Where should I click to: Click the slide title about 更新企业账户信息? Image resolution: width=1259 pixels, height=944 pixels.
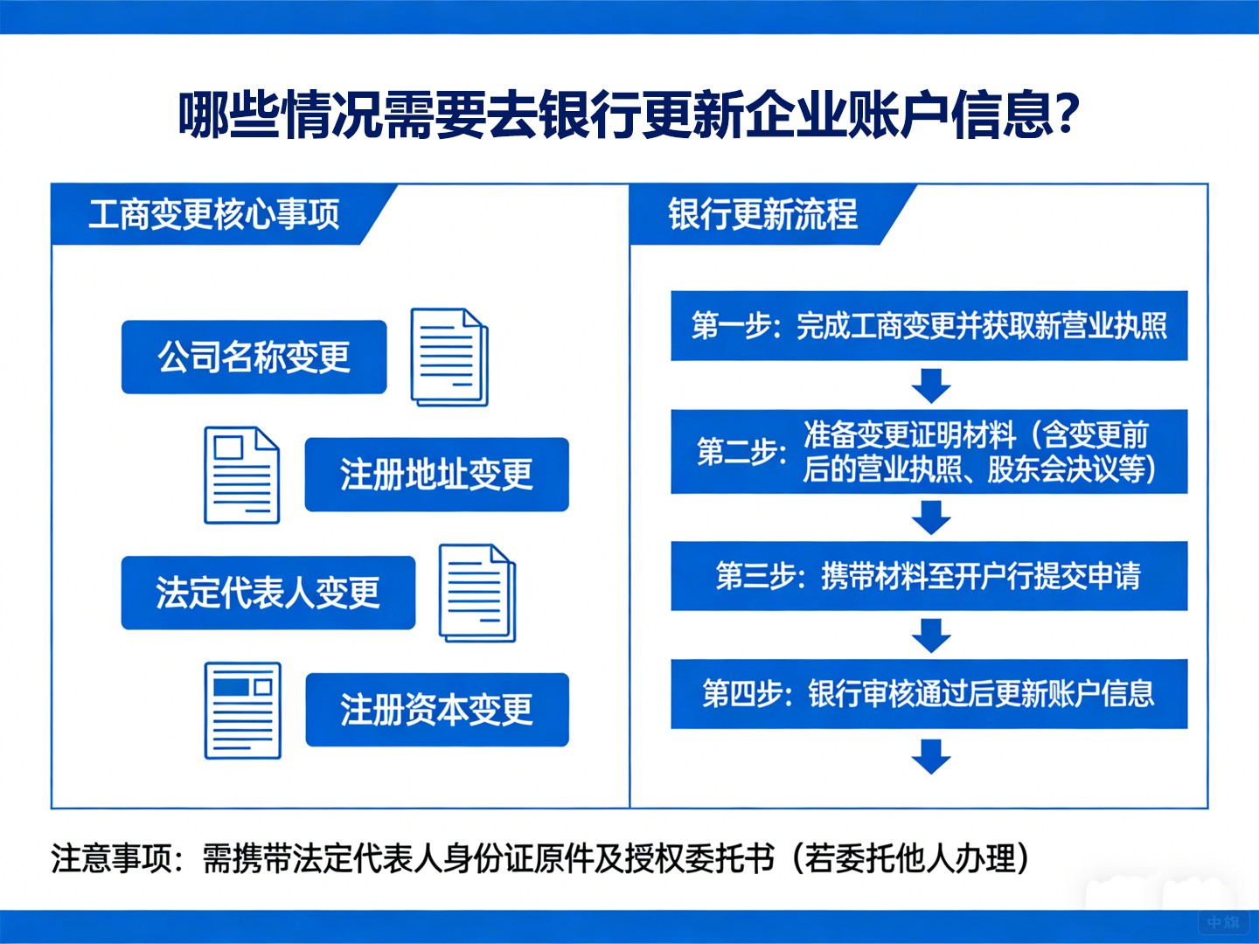click(629, 115)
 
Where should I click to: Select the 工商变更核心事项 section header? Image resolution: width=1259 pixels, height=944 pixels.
click(214, 214)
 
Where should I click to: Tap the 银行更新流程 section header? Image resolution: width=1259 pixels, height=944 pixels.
click(762, 214)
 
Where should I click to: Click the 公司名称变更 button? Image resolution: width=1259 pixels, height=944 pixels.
click(254, 357)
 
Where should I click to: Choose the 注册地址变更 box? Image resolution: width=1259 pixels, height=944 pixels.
click(436, 475)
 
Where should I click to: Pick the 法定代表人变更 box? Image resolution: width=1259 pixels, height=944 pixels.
click(268, 593)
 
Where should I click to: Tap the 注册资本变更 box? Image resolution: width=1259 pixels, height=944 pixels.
click(436, 710)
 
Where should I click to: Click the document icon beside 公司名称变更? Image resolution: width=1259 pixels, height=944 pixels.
click(449, 357)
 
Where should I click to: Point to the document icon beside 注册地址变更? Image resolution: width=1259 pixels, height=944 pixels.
click(242, 475)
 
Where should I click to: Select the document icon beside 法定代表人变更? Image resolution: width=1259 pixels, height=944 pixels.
click(477, 593)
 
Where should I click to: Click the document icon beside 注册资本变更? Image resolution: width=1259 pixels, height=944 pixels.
click(243, 711)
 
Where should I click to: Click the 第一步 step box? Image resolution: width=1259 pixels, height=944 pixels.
click(929, 326)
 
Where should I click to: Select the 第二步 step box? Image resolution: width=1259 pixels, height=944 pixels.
click(929, 452)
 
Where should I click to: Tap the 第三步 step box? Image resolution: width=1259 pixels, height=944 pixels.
click(929, 576)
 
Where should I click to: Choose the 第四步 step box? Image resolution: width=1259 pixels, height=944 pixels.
click(929, 694)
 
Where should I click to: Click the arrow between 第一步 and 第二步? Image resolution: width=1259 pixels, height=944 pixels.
click(931, 385)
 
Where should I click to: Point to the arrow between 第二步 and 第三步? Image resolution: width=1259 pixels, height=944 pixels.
click(931, 517)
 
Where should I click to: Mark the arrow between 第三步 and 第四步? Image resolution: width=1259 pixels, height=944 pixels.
click(931, 635)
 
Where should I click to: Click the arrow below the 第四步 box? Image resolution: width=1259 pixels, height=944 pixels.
click(931, 756)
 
